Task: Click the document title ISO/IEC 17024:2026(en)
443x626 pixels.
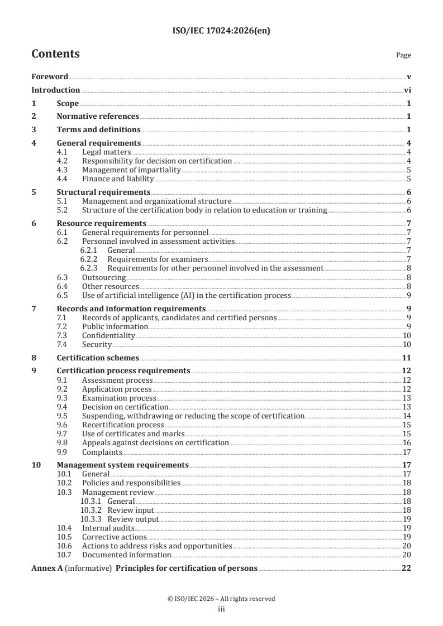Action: [221, 32]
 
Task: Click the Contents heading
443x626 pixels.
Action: [55, 55]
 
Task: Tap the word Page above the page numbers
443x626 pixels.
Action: [403, 56]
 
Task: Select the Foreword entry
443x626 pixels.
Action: [50, 77]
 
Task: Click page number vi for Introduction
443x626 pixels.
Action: [408, 90]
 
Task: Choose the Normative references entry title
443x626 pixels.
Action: [98, 117]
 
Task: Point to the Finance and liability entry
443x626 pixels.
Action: [118, 179]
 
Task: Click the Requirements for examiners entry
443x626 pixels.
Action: [158, 259]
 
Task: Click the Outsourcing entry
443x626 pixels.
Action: [104, 277]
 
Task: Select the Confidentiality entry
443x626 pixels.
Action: [108, 335]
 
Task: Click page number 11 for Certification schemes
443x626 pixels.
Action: [407, 358]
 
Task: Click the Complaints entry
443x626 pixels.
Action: [102, 452]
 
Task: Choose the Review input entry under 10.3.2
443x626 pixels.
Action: [131, 510]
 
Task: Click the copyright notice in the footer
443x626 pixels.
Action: [221, 599]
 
